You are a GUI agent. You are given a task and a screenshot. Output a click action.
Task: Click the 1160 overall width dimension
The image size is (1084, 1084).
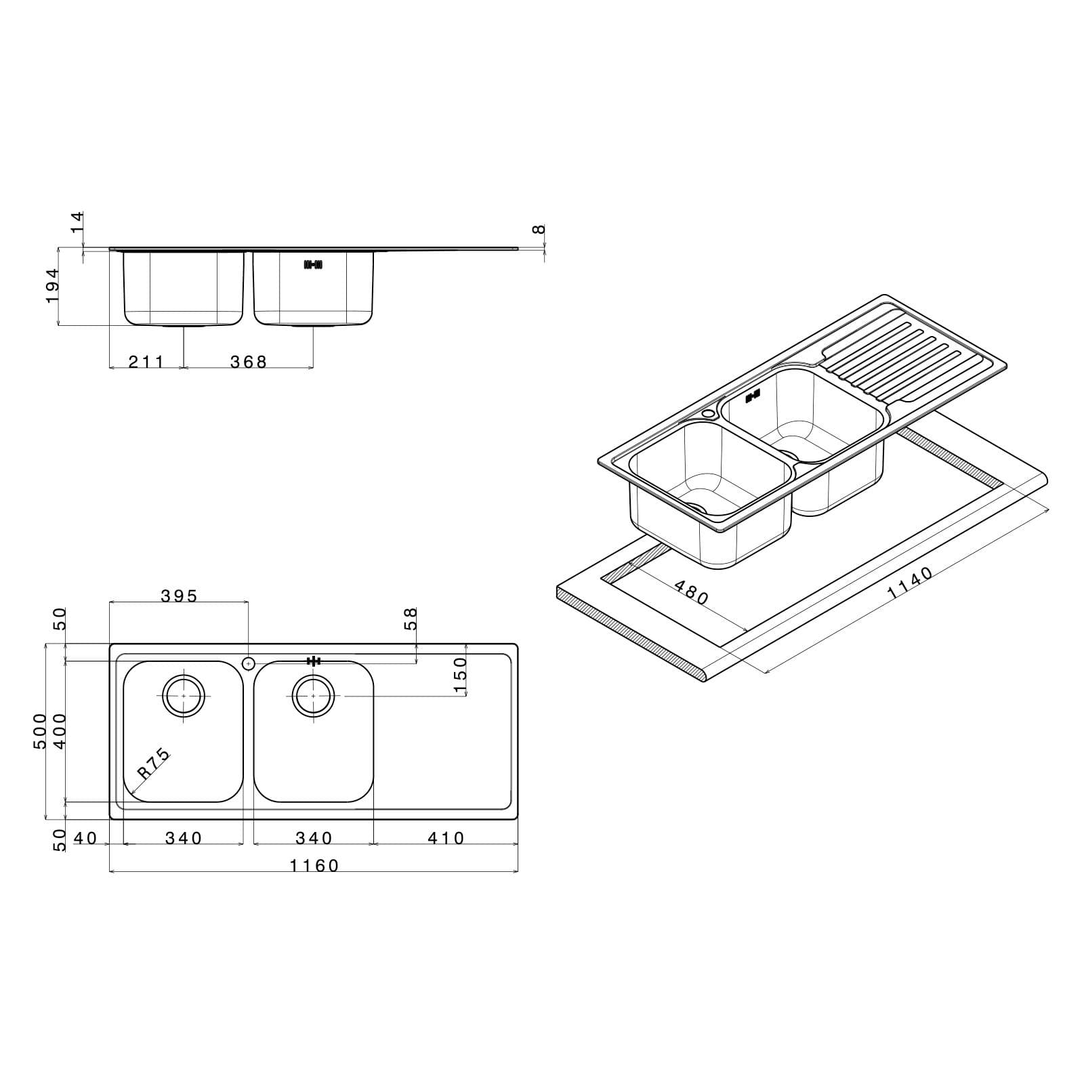[314, 865]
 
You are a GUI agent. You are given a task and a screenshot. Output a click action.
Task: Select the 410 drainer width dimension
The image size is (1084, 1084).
[446, 838]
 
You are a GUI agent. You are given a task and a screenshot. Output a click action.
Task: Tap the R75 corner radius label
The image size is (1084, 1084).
[154, 764]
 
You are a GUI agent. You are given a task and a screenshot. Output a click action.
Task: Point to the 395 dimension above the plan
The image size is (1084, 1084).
[179, 596]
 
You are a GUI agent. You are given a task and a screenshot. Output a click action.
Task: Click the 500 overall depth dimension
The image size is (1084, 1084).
[41, 731]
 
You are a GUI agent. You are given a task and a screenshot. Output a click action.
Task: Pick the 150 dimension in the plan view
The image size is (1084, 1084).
[460, 675]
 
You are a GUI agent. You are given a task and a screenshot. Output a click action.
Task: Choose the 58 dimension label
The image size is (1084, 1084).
[411, 618]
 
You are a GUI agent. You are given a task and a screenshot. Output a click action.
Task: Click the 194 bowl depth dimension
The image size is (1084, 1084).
[53, 285]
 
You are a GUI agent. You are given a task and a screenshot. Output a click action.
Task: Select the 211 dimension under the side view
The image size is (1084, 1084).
[146, 362]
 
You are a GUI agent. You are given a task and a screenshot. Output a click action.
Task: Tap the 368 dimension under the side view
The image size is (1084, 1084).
[249, 362]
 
